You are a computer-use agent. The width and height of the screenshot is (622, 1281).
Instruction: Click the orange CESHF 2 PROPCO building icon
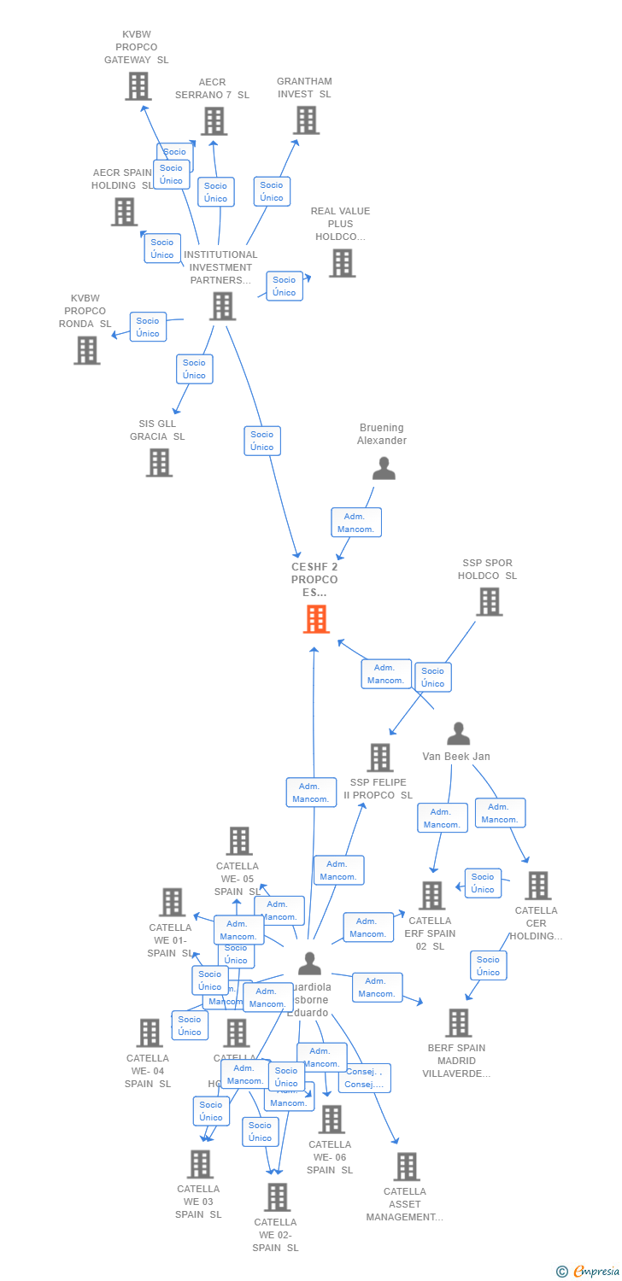tap(316, 619)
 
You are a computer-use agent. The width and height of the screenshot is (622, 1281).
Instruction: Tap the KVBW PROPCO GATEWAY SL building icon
tap(138, 86)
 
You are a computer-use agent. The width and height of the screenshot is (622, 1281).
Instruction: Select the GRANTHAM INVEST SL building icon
tap(306, 120)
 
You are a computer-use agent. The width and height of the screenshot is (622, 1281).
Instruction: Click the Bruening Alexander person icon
tap(384, 468)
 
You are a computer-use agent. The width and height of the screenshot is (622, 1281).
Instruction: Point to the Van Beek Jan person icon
tap(459, 734)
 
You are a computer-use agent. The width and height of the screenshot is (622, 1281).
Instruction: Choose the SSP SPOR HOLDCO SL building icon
tap(489, 601)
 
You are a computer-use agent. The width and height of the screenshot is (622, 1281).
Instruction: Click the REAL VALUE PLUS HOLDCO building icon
tap(342, 263)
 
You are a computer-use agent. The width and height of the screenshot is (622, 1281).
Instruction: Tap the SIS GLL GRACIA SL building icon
tap(159, 462)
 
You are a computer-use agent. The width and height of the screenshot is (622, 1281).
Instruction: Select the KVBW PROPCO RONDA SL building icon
tap(86, 350)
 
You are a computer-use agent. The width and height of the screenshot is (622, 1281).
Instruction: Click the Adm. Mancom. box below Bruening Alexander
tap(356, 523)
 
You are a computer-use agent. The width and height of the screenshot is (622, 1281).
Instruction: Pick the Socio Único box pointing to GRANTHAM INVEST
tap(272, 191)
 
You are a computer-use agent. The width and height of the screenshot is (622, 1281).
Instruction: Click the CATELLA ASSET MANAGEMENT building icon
tap(407, 1167)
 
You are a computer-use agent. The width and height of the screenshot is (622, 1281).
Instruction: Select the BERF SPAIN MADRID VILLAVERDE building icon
tap(458, 1022)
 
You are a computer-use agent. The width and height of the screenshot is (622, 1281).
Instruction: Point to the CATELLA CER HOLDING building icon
tap(537, 886)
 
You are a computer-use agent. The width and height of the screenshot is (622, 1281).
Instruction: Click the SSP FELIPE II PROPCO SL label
tap(378, 788)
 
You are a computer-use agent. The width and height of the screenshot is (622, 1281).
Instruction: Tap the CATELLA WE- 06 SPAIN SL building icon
tap(331, 1119)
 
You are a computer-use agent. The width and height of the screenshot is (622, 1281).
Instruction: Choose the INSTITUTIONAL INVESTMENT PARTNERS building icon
tap(222, 306)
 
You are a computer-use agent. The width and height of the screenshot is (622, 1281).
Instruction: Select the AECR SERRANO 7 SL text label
tap(212, 89)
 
